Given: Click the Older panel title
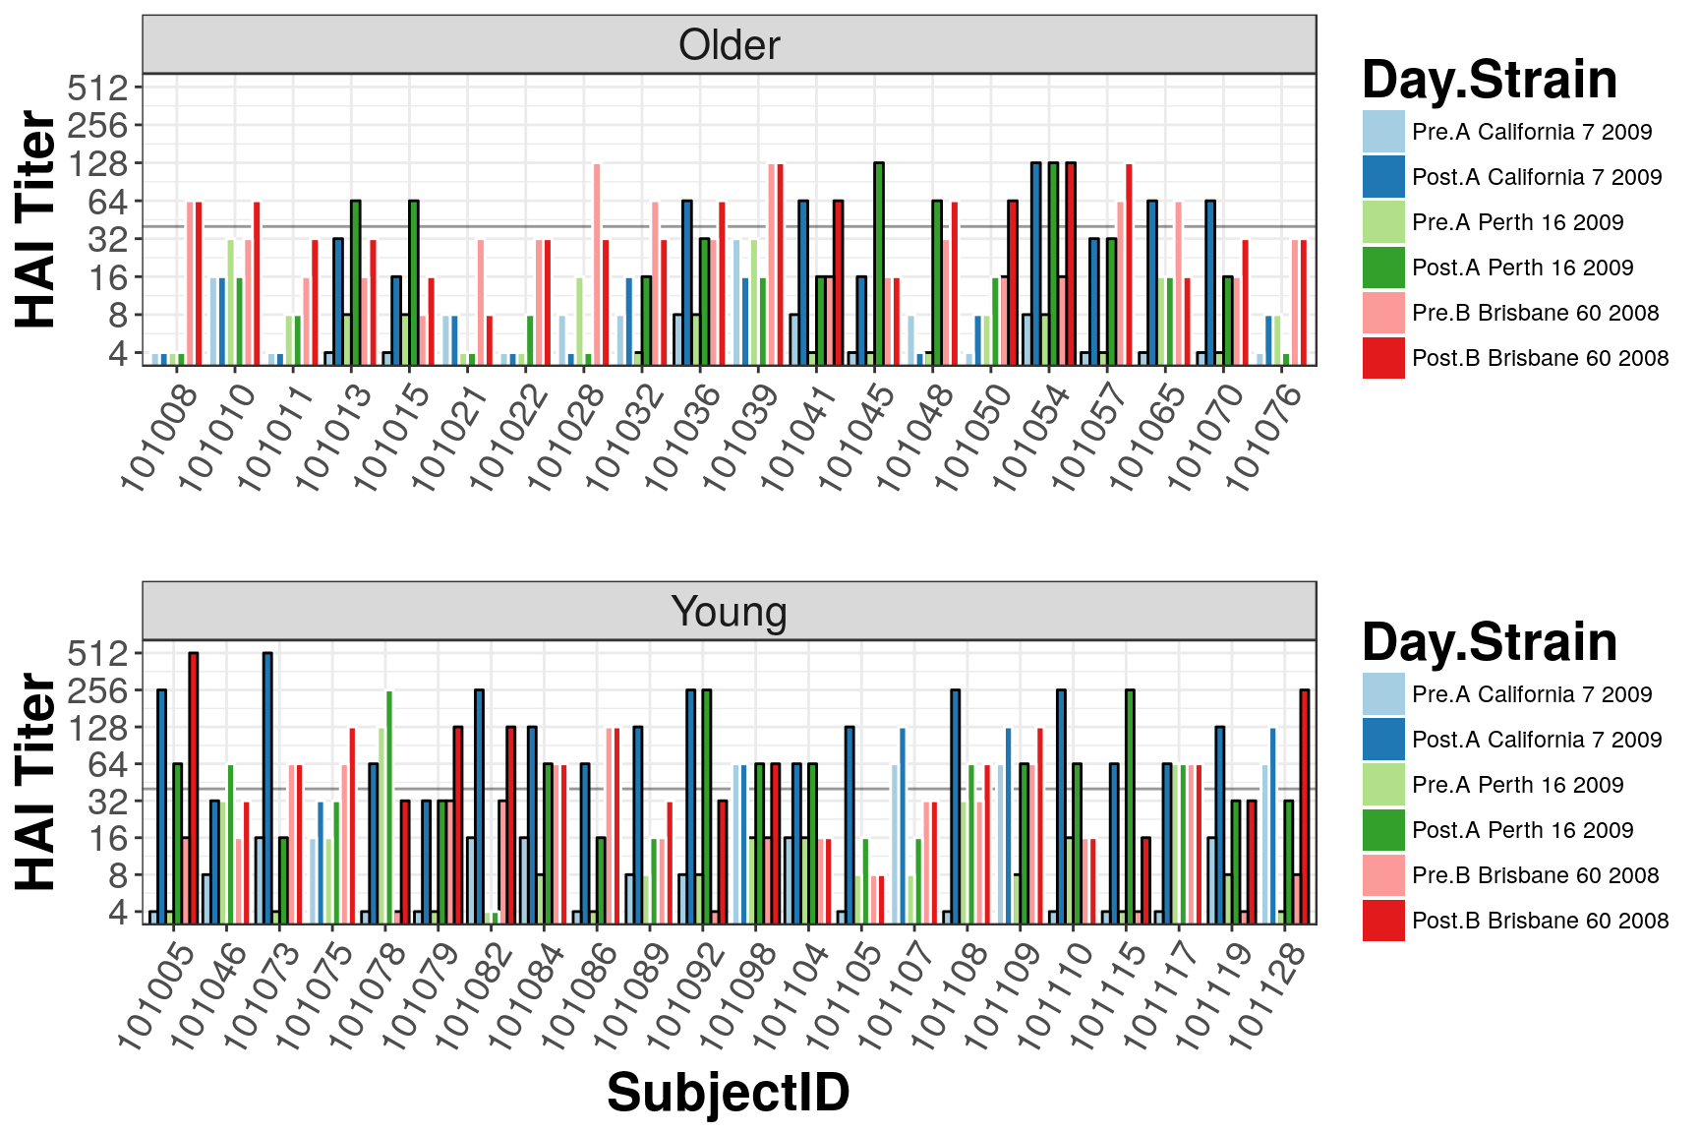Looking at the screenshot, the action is coord(729,45).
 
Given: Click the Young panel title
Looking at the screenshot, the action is coord(729,612).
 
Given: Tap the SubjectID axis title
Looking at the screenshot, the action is coord(728,1093).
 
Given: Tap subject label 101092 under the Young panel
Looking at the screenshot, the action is coord(686,994).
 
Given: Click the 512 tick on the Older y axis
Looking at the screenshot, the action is coord(98,89).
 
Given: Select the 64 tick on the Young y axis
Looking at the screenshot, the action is coord(109,764).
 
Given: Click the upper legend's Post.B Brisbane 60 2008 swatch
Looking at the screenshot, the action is coord(1383,358).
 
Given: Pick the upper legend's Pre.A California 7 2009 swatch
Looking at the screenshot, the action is coord(1383,132).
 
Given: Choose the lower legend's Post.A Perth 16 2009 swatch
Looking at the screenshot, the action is coord(1383,830).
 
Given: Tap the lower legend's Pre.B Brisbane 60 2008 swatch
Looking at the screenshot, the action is coord(1383,875).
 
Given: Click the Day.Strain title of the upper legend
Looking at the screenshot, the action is coord(1490,79).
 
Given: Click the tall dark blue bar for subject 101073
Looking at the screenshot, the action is coord(267,788).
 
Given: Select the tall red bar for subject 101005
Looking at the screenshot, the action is coord(194,788).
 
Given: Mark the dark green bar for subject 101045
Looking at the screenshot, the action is coord(879,264).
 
